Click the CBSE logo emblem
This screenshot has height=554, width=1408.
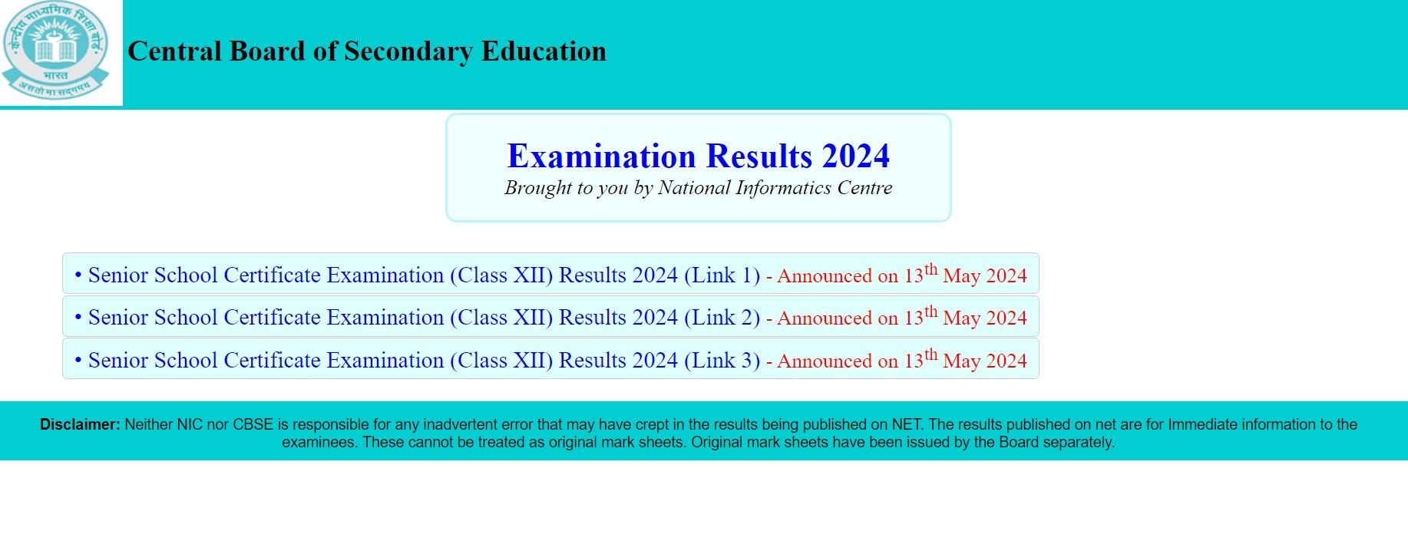(55, 51)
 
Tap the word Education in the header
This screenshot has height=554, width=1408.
(544, 51)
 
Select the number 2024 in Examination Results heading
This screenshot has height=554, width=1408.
(855, 157)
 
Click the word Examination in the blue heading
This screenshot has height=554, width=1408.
(602, 157)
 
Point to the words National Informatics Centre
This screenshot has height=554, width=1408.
(775, 188)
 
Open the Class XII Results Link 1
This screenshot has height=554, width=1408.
(424, 275)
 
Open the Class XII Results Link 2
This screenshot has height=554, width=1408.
(424, 318)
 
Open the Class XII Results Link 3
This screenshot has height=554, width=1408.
(424, 361)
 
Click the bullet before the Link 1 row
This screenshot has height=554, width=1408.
(78, 275)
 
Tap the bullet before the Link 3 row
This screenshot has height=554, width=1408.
(78, 360)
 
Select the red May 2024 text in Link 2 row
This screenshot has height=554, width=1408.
(985, 318)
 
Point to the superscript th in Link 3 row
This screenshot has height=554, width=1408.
(931, 354)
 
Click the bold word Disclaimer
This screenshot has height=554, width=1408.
(80, 424)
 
